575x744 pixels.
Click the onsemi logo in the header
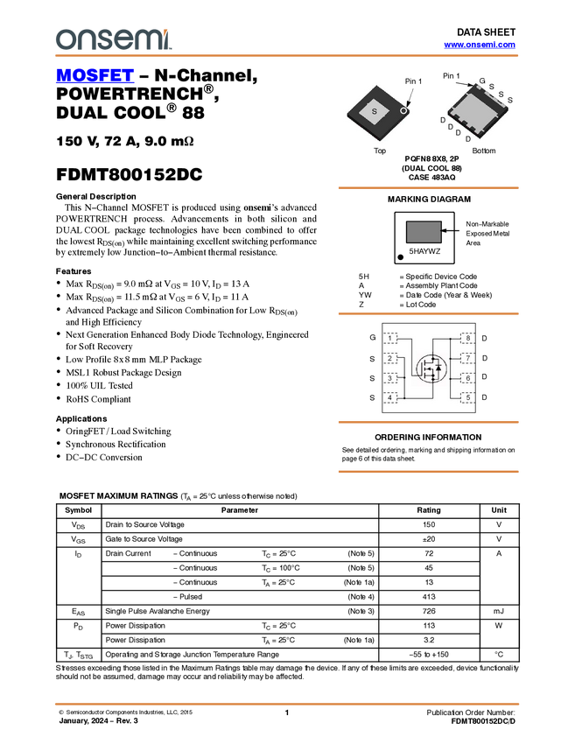coord(113,39)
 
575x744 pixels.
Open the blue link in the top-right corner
coord(480,45)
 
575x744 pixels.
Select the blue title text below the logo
coord(95,76)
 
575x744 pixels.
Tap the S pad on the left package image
coord(375,112)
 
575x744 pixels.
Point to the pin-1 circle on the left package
coord(404,110)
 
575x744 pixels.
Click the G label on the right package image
coord(480,81)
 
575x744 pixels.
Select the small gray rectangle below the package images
coord(424,232)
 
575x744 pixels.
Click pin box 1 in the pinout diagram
coord(390,338)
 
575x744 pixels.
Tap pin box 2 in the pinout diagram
coord(390,358)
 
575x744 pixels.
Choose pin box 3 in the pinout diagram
coord(390,378)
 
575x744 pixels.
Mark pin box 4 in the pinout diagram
coord(390,398)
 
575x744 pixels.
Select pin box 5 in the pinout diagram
coord(467,398)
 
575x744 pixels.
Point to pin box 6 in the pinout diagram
coord(467,378)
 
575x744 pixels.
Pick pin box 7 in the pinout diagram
coord(467,358)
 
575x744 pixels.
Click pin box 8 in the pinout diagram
coord(467,338)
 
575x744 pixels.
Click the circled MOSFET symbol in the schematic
coord(430,368)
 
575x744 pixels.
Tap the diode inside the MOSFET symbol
coord(438,368)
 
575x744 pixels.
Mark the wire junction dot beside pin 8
coord(450,338)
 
